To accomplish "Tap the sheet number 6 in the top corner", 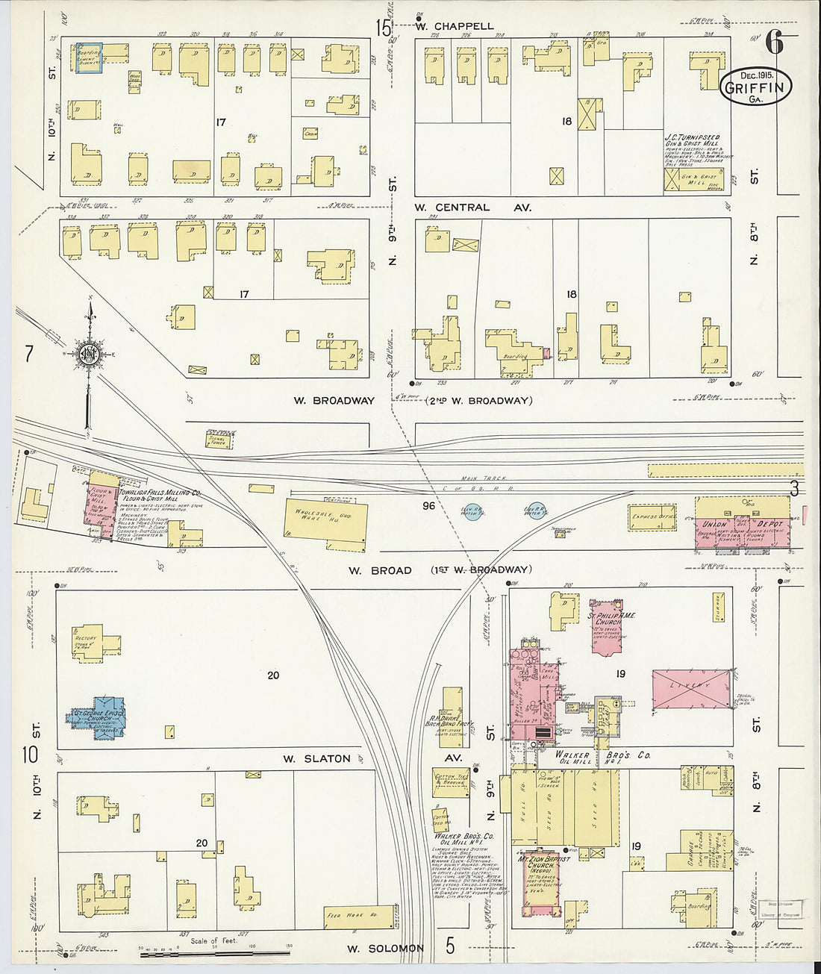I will pyautogui.click(x=774, y=44).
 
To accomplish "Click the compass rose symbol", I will pyautogui.click(x=89, y=354).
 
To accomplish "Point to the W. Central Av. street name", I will pyautogui.click(x=472, y=207).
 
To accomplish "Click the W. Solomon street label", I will pyautogui.click(x=385, y=949).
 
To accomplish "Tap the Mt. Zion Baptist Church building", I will pyautogui.click(x=540, y=881).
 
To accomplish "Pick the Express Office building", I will pyautogui.click(x=653, y=516).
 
